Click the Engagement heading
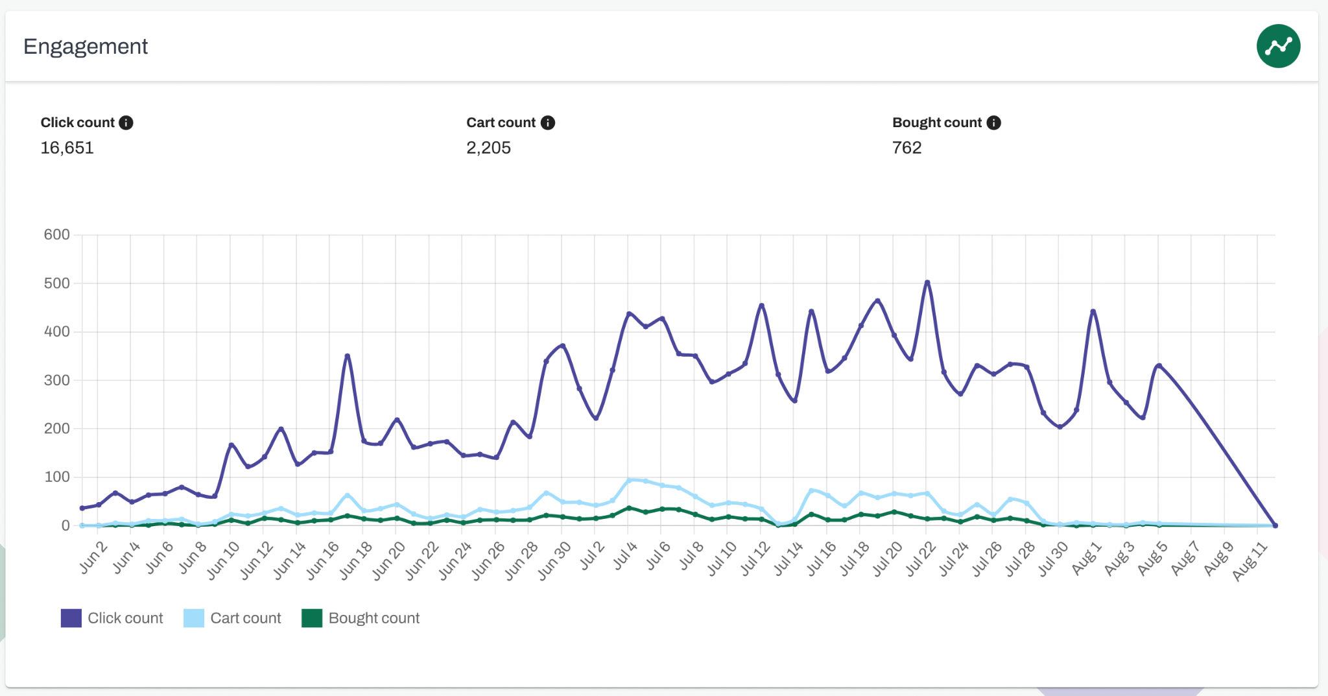(x=86, y=47)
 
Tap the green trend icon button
(x=1277, y=46)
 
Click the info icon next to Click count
(x=126, y=123)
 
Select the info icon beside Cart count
(x=548, y=123)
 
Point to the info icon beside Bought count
(x=993, y=123)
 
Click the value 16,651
(x=67, y=148)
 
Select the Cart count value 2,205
(x=488, y=148)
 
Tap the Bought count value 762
(x=906, y=148)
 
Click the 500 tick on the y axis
(x=57, y=283)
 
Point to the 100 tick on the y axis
(x=57, y=477)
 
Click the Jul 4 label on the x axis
(x=626, y=556)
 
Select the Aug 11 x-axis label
(x=1250, y=562)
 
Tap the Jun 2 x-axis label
(x=93, y=557)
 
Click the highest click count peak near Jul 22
(x=927, y=282)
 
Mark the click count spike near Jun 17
(x=348, y=355)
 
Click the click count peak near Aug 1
(x=1093, y=311)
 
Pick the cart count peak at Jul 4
(x=629, y=481)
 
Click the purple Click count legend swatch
(x=71, y=618)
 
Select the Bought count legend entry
(x=361, y=618)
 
